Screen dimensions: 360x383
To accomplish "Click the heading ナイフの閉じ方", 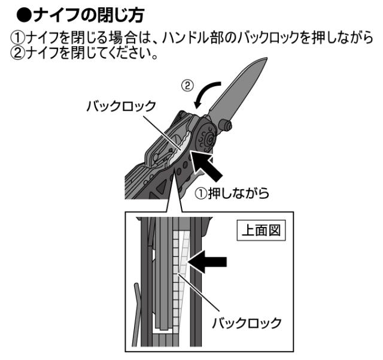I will tap(92, 13).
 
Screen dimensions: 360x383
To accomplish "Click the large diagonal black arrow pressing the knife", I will tap(211, 165).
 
